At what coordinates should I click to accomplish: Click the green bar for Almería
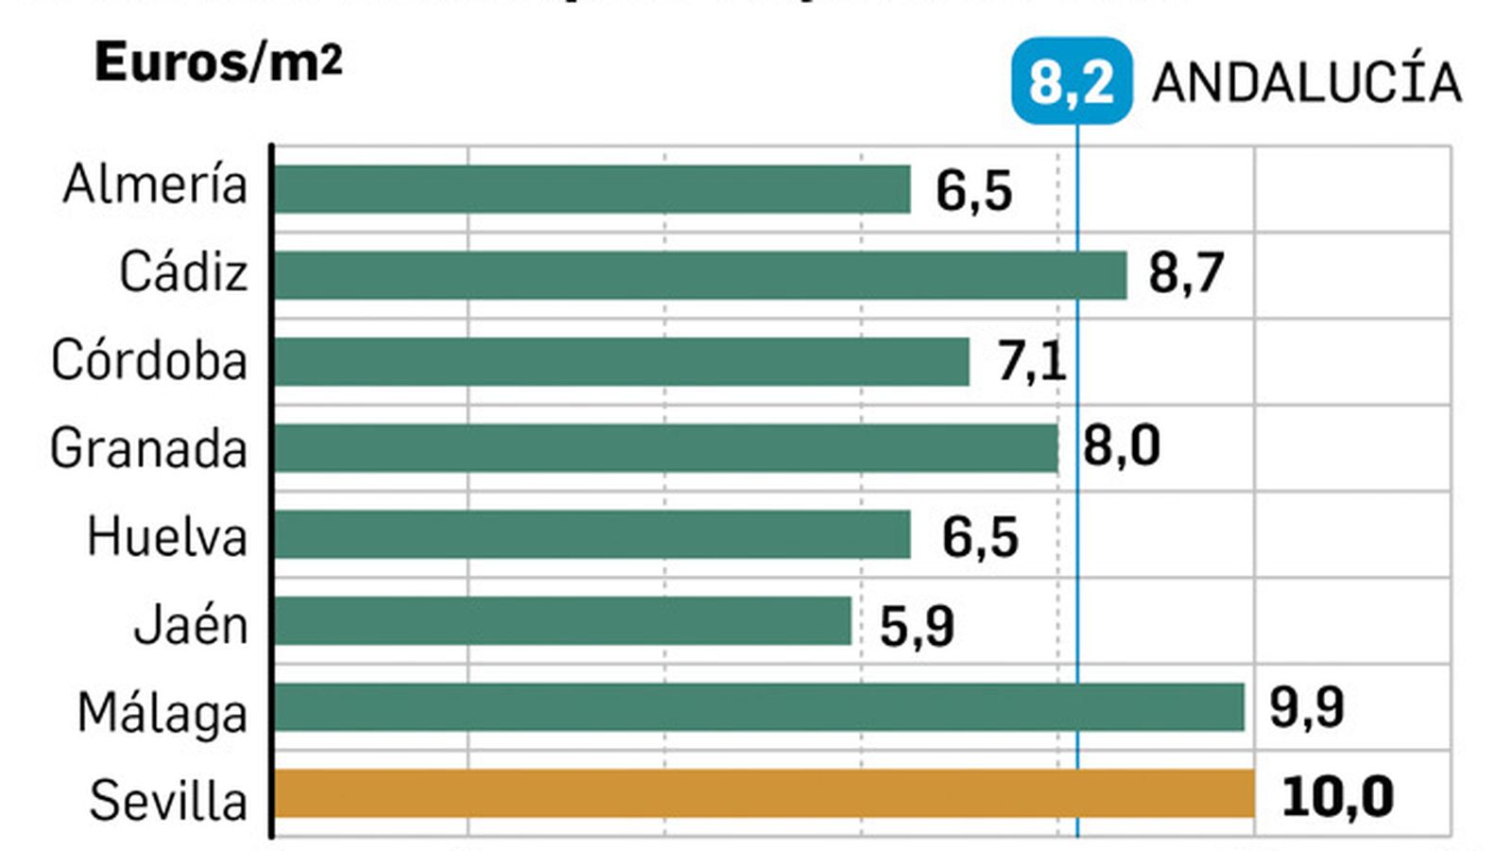(x=592, y=189)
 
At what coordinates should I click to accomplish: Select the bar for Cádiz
(x=699, y=275)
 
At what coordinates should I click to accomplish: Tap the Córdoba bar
(x=621, y=361)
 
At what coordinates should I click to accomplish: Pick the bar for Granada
(x=665, y=448)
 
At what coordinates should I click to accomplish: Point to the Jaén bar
(x=562, y=621)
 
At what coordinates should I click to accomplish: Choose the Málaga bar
(x=759, y=707)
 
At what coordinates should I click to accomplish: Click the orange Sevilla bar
(x=764, y=794)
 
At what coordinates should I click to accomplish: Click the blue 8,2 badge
(x=1072, y=81)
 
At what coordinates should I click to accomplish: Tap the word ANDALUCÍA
(x=1306, y=83)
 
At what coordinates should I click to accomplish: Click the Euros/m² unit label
(x=218, y=63)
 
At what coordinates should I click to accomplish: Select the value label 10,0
(x=1337, y=796)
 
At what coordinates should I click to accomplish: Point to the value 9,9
(x=1306, y=707)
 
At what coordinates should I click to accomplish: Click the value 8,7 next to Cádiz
(x=1186, y=273)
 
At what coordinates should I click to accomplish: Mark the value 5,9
(x=917, y=625)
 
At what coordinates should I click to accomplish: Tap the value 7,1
(x=1031, y=361)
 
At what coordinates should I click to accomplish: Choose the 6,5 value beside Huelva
(x=980, y=537)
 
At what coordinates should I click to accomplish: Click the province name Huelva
(x=167, y=537)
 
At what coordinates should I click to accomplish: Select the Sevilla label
(x=168, y=801)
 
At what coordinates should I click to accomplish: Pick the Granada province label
(x=148, y=448)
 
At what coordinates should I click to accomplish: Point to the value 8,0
(x=1121, y=446)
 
